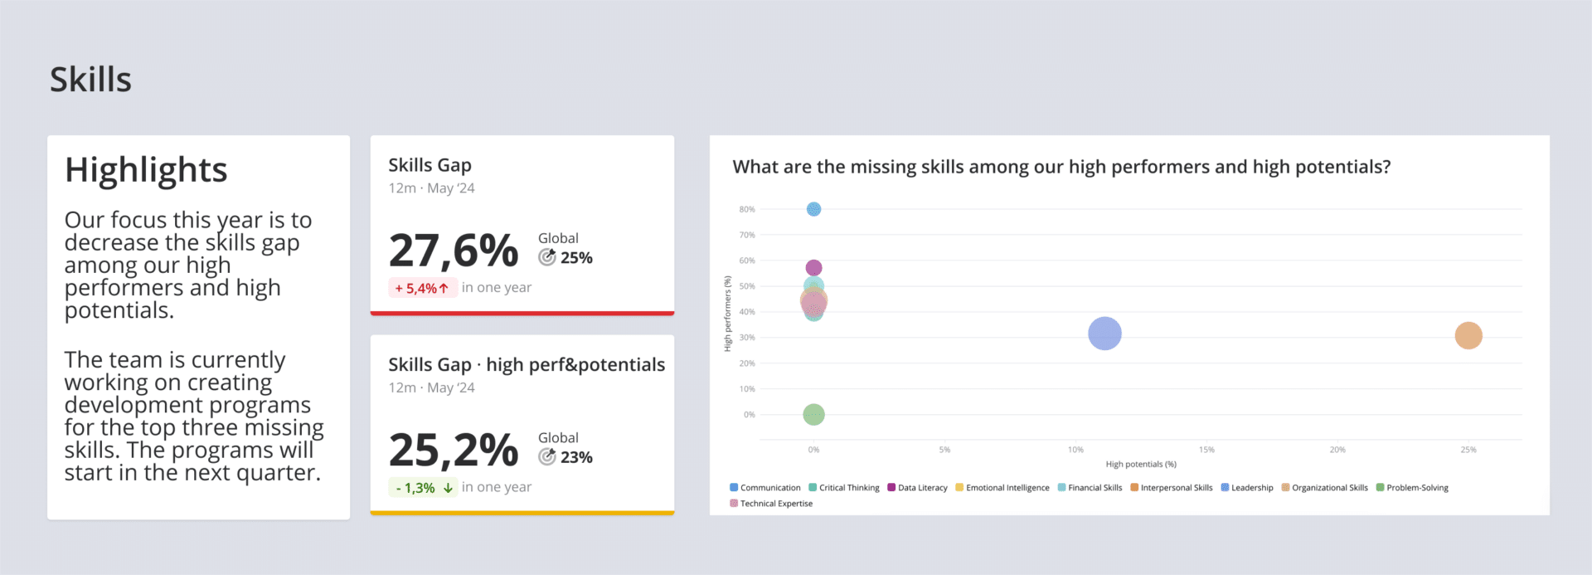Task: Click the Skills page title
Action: [90, 80]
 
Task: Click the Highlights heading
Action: [146, 170]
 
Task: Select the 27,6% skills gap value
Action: [454, 251]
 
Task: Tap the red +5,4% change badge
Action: [422, 288]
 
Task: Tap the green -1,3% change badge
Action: [423, 488]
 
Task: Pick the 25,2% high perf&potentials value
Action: [454, 451]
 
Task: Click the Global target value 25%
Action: [576, 258]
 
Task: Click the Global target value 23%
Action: [576, 457]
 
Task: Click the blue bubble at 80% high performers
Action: [813, 209]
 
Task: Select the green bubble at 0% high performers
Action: [813, 414]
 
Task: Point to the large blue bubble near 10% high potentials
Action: [1104, 334]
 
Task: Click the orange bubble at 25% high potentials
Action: [1468, 335]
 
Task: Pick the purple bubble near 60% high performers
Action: [813, 267]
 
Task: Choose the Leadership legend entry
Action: [1251, 488]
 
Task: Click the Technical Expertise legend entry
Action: [775, 504]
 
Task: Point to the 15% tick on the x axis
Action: [1206, 450]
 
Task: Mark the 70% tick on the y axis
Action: [747, 235]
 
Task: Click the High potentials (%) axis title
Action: [1140, 465]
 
